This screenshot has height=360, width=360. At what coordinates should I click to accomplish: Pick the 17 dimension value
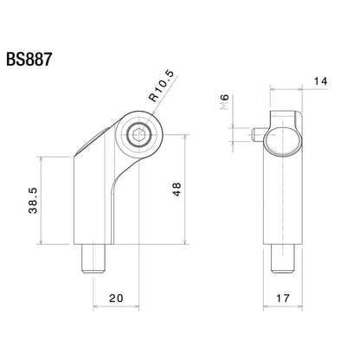[x=284, y=299]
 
